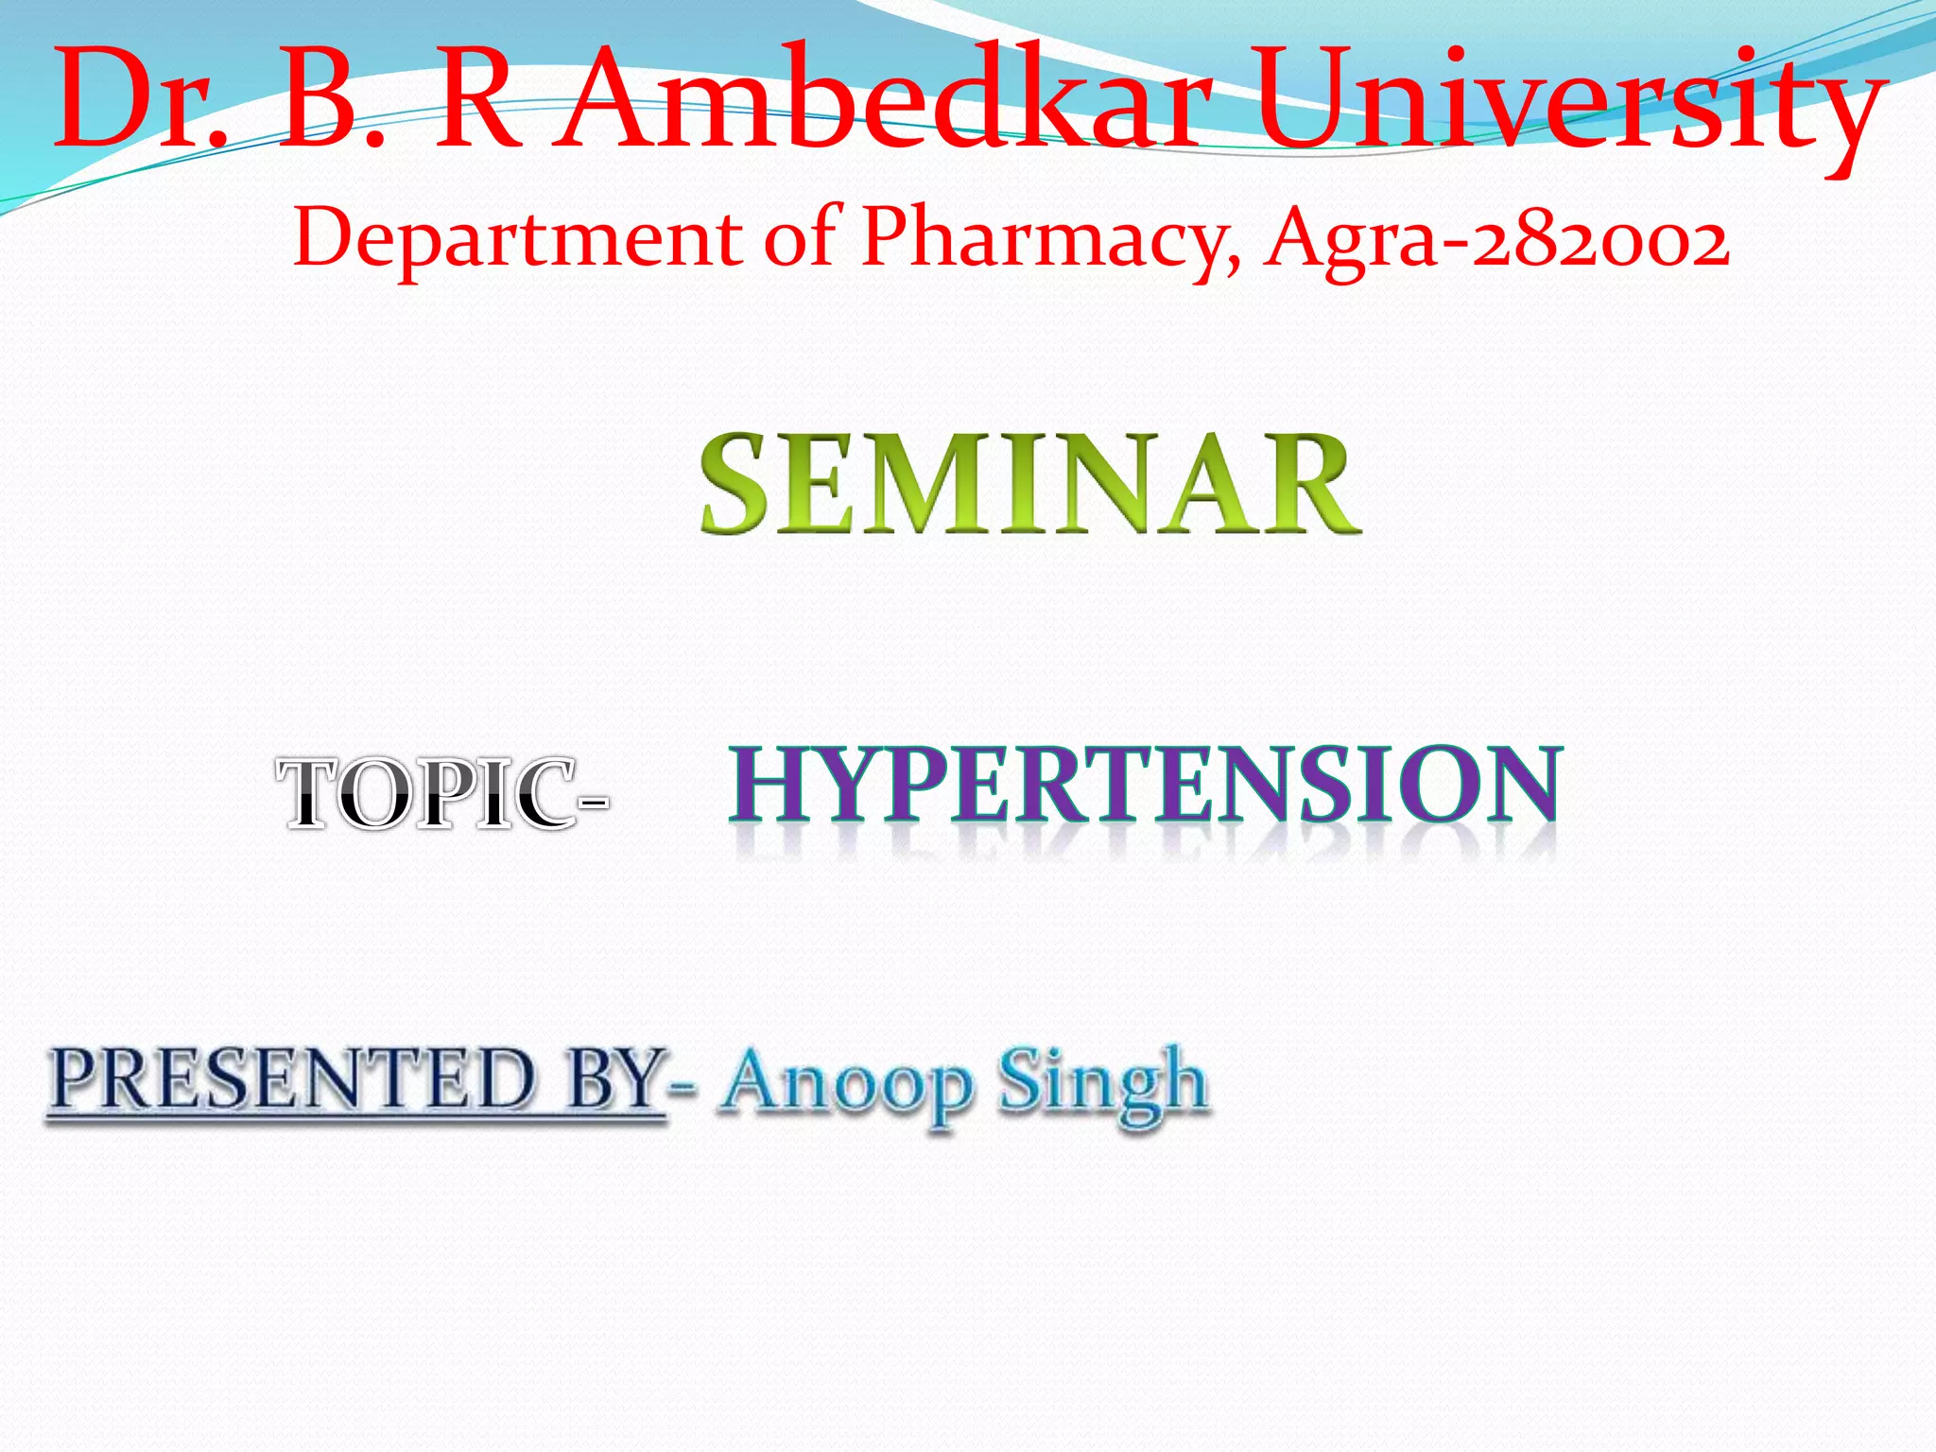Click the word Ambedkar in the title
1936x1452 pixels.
point(884,99)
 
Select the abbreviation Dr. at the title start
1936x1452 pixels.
point(142,99)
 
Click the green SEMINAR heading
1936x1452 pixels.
point(1030,484)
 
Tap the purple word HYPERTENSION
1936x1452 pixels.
point(1145,784)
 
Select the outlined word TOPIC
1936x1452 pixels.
point(425,794)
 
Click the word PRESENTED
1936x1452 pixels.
point(293,1080)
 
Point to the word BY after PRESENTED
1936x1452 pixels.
point(614,1080)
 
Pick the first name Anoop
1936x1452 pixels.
point(846,1083)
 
